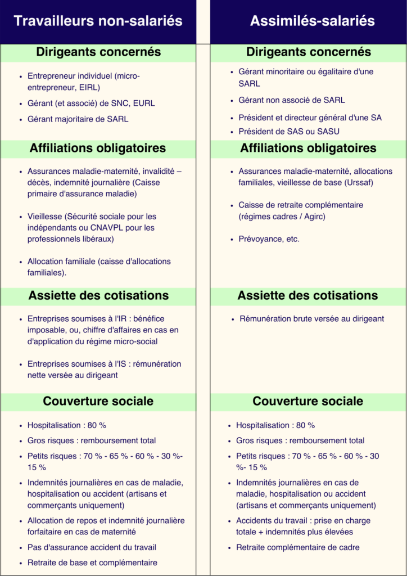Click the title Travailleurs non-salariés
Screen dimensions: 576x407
tap(98, 21)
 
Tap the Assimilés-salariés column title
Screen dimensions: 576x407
tap(312, 21)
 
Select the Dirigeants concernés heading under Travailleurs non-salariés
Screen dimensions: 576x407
tap(98, 52)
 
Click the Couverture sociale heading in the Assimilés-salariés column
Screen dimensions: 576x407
tap(307, 402)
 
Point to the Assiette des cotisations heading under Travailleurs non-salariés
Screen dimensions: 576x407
tap(98, 295)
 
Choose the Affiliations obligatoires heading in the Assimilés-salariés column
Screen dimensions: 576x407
tap(308, 148)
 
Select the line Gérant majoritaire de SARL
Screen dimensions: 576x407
tap(78, 119)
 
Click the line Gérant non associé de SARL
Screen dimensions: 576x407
tap(292, 100)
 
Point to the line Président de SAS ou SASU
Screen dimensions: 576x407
tap(289, 132)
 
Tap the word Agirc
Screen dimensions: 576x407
tap(313, 217)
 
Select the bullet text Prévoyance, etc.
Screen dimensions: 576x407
tap(269, 239)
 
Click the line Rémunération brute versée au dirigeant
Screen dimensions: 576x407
tap(311, 319)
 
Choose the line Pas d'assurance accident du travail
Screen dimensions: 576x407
tap(92, 547)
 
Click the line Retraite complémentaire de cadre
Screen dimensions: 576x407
tap(297, 547)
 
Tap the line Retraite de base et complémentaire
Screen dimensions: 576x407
tap(92, 562)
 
